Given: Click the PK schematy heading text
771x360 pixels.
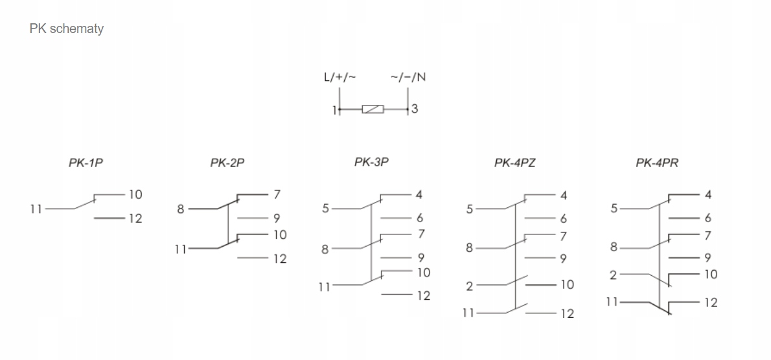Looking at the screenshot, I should click(x=67, y=29).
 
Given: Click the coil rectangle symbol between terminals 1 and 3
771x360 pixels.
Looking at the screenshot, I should click(x=373, y=110).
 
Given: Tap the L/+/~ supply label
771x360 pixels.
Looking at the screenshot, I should click(x=340, y=78).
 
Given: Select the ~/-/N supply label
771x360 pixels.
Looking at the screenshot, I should click(x=408, y=78).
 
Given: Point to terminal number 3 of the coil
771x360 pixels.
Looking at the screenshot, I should click(x=415, y=109).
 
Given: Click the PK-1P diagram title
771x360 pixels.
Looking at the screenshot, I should click(x=86, y=163).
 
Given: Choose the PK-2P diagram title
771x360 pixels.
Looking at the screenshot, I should click(x=227, y=163).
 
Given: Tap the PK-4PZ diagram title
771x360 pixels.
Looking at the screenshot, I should click(x=515, y=163).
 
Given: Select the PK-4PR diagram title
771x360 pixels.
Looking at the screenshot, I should click(x=657, y=163).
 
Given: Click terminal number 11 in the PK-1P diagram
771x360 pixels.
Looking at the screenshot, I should click(x=36, y=208).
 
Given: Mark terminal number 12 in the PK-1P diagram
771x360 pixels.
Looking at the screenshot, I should click(x=135, y=219).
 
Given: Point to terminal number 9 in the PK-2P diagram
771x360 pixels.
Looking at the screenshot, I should click(x=277, y=219).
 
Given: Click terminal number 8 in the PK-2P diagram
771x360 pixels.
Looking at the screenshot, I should click(x=181, y=208).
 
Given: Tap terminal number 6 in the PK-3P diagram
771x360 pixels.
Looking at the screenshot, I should click(x=420, y=219).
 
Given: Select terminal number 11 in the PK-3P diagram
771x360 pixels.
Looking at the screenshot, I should click(x=325, y=286).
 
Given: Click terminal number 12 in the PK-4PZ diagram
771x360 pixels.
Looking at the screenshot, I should click(x=567, y=314).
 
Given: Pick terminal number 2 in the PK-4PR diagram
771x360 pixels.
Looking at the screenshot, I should click(x=612, y=275).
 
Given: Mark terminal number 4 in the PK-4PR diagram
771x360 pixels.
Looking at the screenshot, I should click(x=708, y=194).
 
